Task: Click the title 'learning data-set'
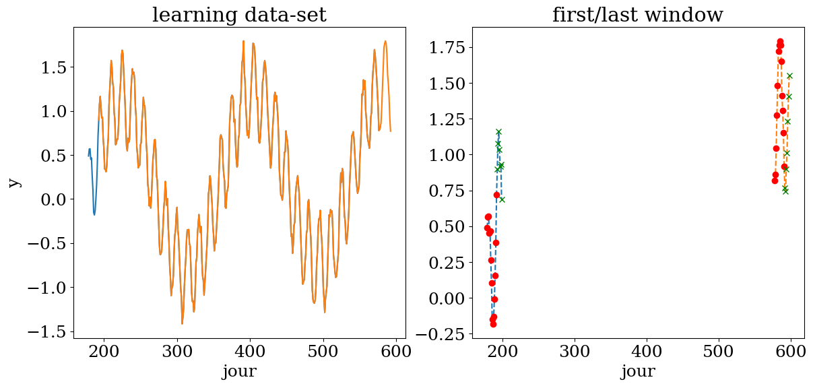[x=239, y=15]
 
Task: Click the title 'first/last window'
[x=637, y=15]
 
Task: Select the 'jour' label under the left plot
[x=239, y=371]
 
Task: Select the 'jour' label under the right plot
[x=637, y=371]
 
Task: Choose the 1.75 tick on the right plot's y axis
[x=447, y=47]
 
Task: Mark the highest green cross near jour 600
[x=789, y=75]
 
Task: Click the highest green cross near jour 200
[x=498, y=131]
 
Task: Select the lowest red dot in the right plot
[x=493, y=324]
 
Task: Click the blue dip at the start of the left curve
[x=94, y=214]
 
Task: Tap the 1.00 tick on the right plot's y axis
[x=447, y=155]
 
